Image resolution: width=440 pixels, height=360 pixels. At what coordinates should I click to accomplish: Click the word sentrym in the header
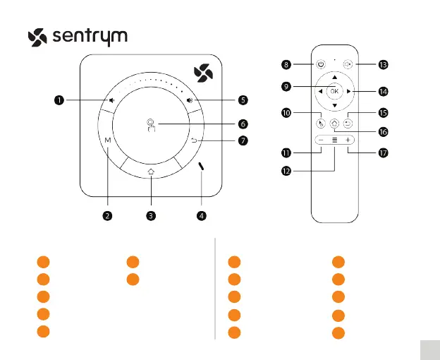click(x=90, y=36)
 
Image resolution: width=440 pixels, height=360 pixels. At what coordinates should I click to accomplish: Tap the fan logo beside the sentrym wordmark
click(x=37, y=37)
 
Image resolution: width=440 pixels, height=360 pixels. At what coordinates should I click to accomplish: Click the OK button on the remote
click(x=334, y=91)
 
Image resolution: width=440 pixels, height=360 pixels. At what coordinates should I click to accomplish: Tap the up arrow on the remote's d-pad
click(x=334, y=76)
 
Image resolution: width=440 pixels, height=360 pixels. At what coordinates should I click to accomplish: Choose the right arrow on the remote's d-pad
click(x=348, y=91)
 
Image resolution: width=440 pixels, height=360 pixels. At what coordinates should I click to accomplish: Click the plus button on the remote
click(x=348, y=140)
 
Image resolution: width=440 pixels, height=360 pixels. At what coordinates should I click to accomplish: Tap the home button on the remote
click(x=334, y=122)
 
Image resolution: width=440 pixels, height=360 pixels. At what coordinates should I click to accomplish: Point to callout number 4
click(x=202, y=216)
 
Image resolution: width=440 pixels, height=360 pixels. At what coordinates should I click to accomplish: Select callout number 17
click(x=383, y=152)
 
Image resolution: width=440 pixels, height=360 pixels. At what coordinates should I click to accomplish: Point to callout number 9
click(x=287, y=88)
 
